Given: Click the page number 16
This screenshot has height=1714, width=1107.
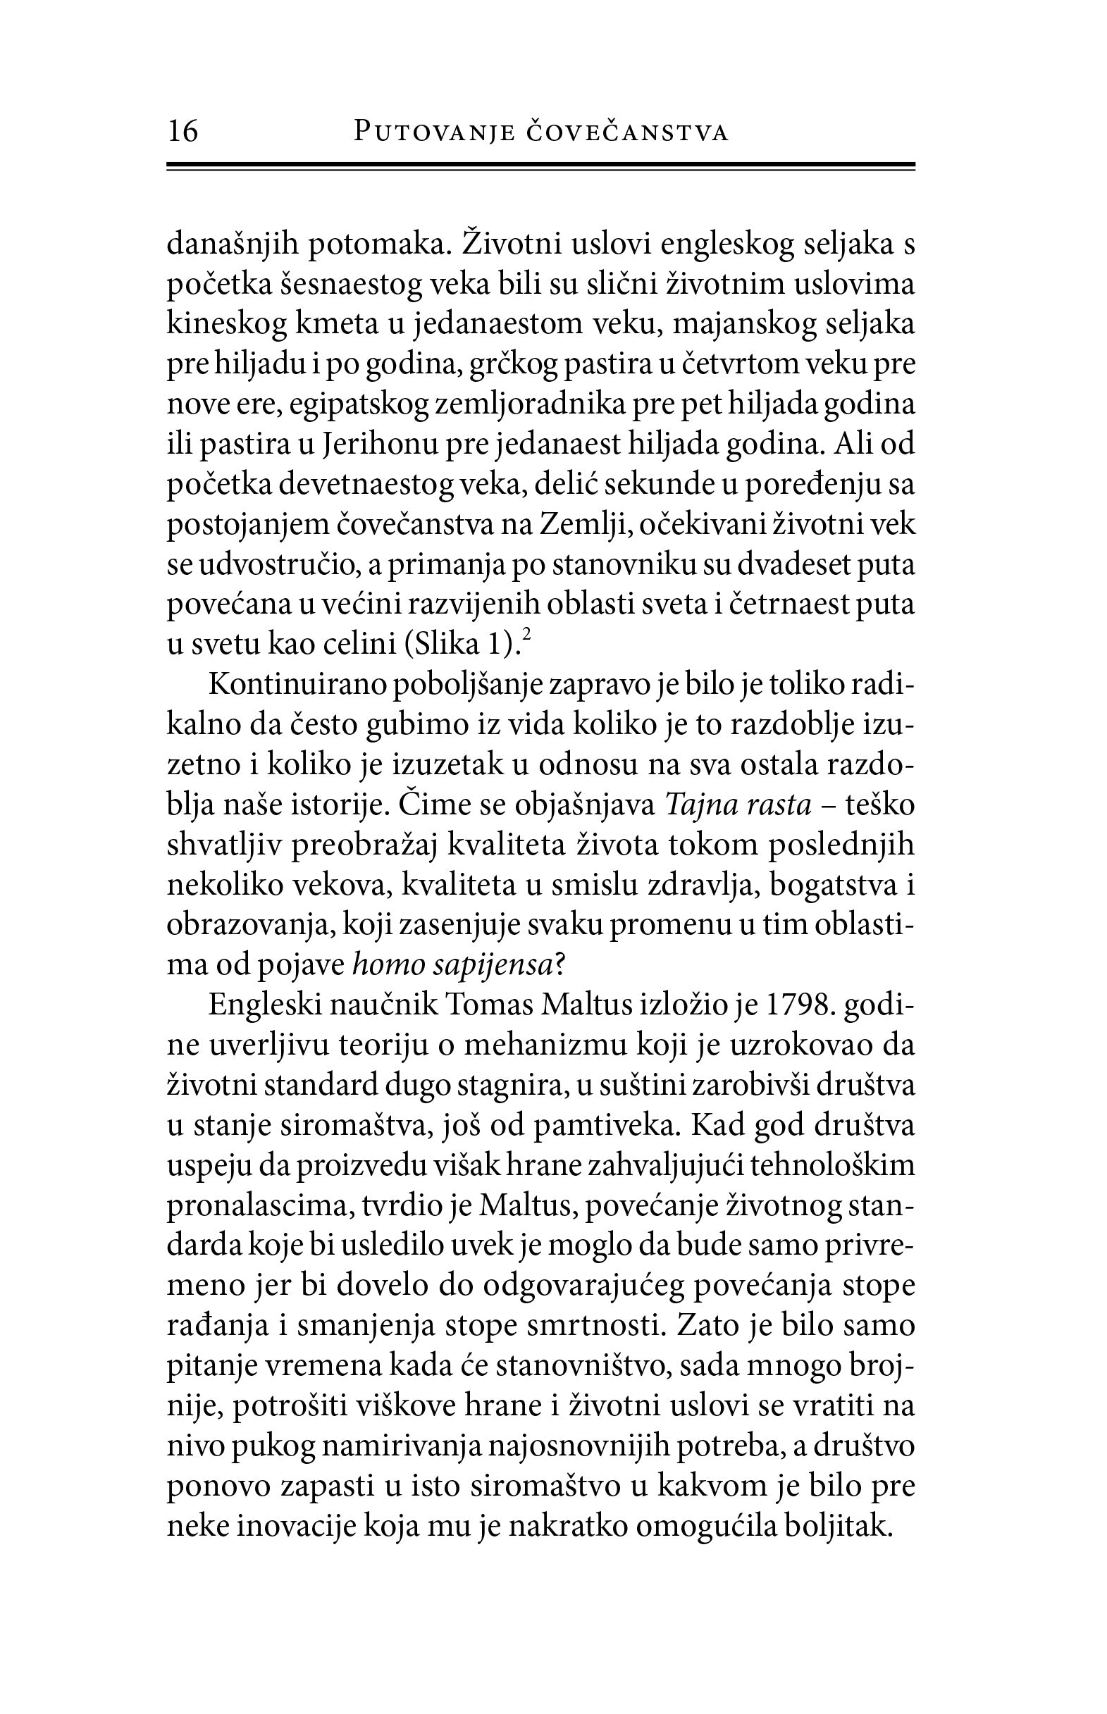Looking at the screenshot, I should [x=183, y=132].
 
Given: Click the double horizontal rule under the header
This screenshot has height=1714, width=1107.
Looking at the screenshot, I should [x=540, y=167].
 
